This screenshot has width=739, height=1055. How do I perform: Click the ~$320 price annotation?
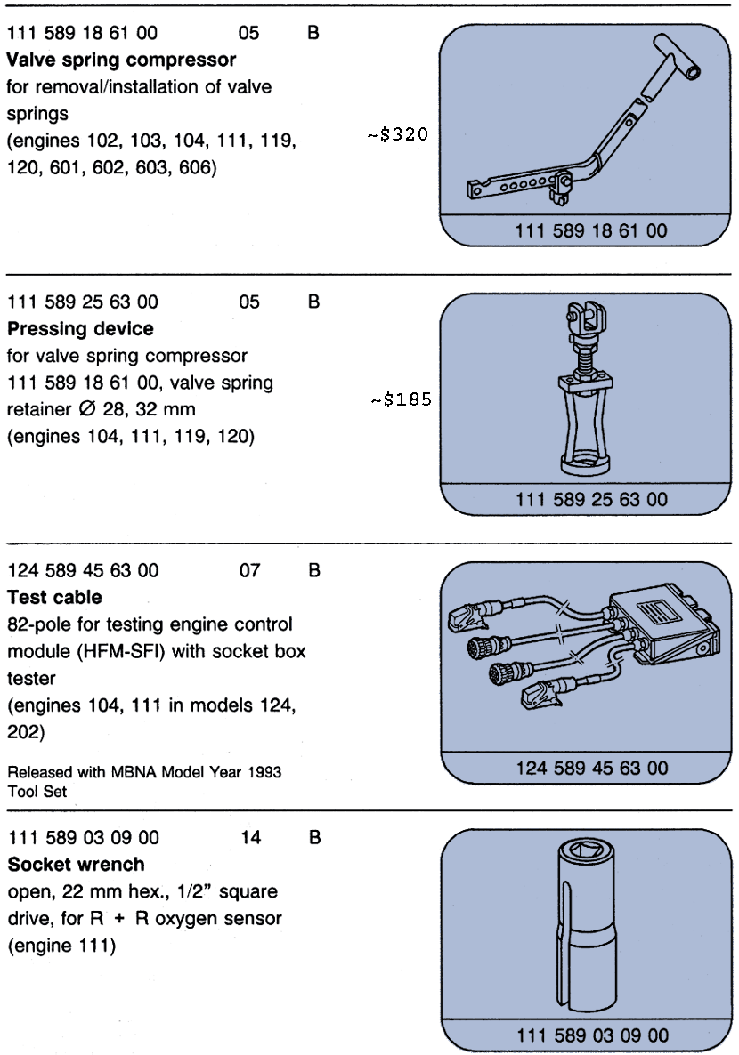pyautogui.click(x=398, y=137)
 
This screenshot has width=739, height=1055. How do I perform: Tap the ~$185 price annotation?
pyautogui.click(x=401, y=400)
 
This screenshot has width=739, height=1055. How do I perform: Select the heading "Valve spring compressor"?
pyautogui.click(x=122, y=60)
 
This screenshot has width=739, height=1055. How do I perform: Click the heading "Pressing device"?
pyautogui.click(x=80, y=329)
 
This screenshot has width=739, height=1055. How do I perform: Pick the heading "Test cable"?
pyautogui.click(x=54, y=598)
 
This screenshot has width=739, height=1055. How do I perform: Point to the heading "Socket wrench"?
pyautogui.click(x=76, y=865)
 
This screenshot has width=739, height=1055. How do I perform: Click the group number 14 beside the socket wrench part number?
pyautogui.click(x=251, y=838)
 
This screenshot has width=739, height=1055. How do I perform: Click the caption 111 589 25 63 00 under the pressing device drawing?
pyautogui.click(x=591, y=500)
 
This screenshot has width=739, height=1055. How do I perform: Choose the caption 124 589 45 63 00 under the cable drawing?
pyautogui.click(x=591, y=768)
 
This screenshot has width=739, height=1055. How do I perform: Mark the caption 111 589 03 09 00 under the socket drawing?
pyautogui.click(x=591, y=1035)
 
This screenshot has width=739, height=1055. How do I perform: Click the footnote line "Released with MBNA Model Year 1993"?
pyautogui.click(x=144, y=772)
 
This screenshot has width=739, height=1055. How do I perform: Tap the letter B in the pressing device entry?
pyautogui.click(x=313, y=302)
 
